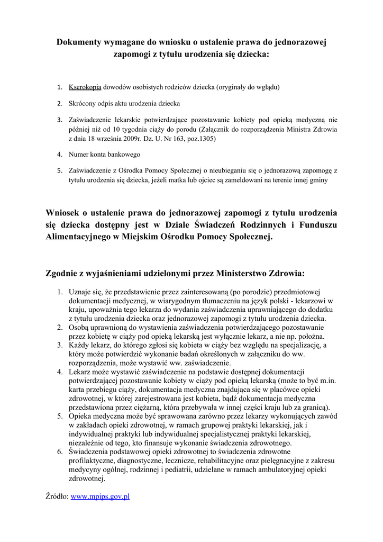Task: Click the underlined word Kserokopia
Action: (x=85, y=86)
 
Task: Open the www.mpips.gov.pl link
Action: (x=100, y=496)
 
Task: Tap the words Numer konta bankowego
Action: (x=104, y=155)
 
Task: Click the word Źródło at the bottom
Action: (x=56, y=496)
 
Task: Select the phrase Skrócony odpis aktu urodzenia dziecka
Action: (x=124, y=103)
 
